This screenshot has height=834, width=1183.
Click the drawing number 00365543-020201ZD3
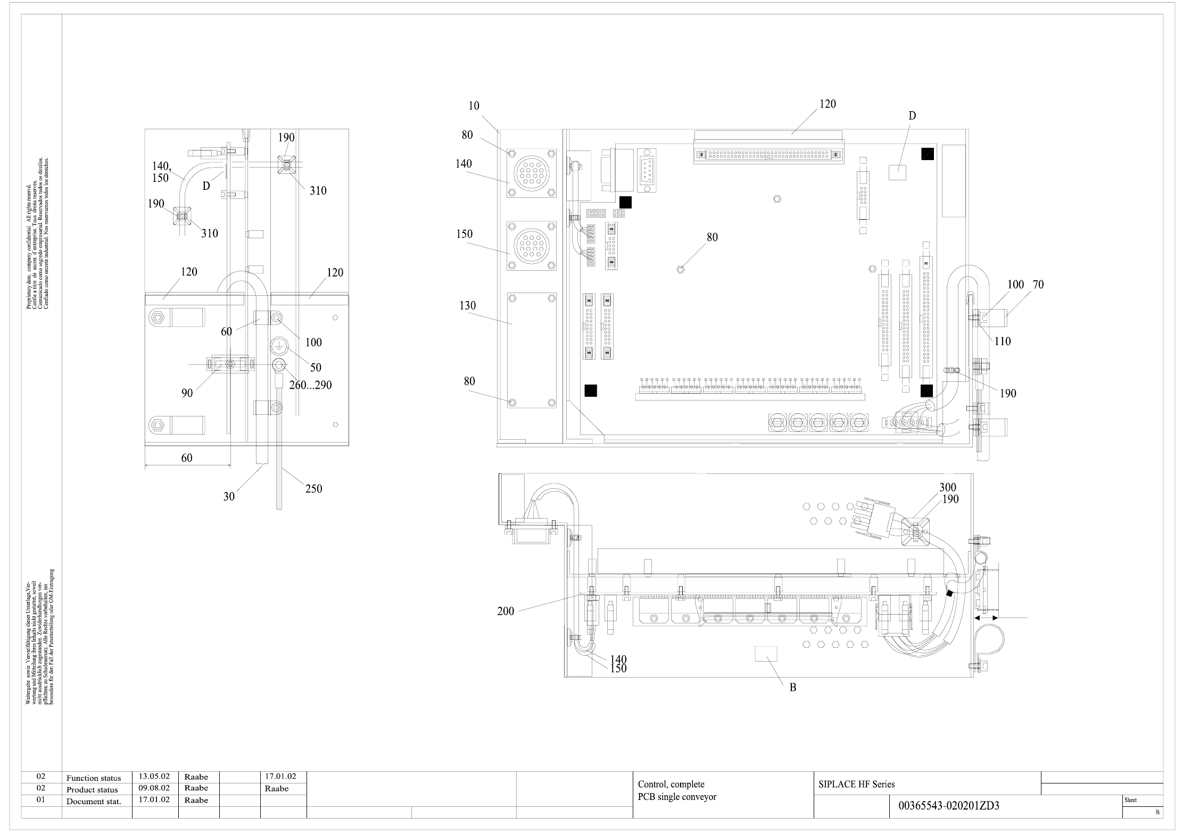click(948, 806)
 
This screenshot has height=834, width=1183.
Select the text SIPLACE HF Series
click(856, 784)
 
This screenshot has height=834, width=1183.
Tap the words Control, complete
click(671, 784)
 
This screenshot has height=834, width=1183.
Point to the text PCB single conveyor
click(677, 797)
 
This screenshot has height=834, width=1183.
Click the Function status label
click(94, 778)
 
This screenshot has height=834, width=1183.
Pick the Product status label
click(93, 790)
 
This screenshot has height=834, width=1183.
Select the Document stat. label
click(94, 802)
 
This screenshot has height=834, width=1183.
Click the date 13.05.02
click(154, 777)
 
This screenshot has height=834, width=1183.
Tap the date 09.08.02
click(154, 788)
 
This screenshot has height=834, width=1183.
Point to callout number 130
click(467, 305)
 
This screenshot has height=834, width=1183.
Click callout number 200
click(506, 611)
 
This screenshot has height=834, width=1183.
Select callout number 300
click(947, 487)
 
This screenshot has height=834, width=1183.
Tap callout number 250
click(313, 488)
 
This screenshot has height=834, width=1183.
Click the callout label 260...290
click(310, 385)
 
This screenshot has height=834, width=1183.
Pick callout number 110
click(1002, 341)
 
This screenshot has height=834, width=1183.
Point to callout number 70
click(1038, 285)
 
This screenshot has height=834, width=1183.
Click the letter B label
click(792, 687)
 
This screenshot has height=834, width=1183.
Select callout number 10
click(474, 106)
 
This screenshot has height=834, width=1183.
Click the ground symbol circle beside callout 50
click(279, 346)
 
